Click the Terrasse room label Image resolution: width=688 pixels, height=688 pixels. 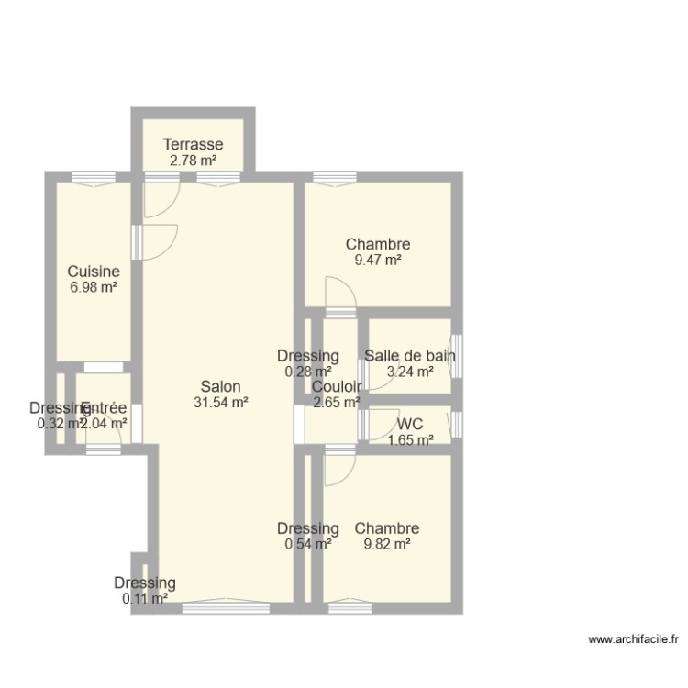point(193,144)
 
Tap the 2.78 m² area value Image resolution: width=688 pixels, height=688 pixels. point(193,161)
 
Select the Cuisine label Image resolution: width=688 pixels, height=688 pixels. point(93,272)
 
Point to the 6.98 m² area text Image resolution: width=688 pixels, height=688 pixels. point(93,287)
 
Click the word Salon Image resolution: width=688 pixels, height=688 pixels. point(221,386)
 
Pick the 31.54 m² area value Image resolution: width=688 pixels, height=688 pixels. point(221,402)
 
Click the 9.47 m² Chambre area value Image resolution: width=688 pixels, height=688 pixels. point(377,260)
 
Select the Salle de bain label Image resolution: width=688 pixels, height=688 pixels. point(410,356)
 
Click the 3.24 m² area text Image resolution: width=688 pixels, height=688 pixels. point(410,372)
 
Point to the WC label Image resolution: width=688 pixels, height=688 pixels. point(410,424)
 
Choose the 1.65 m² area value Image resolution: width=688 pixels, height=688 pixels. point(410,440)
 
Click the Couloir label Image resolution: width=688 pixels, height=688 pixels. point(337,386)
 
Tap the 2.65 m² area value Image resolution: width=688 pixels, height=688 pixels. point(337,401)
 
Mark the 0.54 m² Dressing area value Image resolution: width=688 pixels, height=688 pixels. point(308,544)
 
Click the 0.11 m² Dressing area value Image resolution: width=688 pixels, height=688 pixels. point(145,599)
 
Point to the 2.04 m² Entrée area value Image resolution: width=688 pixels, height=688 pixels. point(104,424)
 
